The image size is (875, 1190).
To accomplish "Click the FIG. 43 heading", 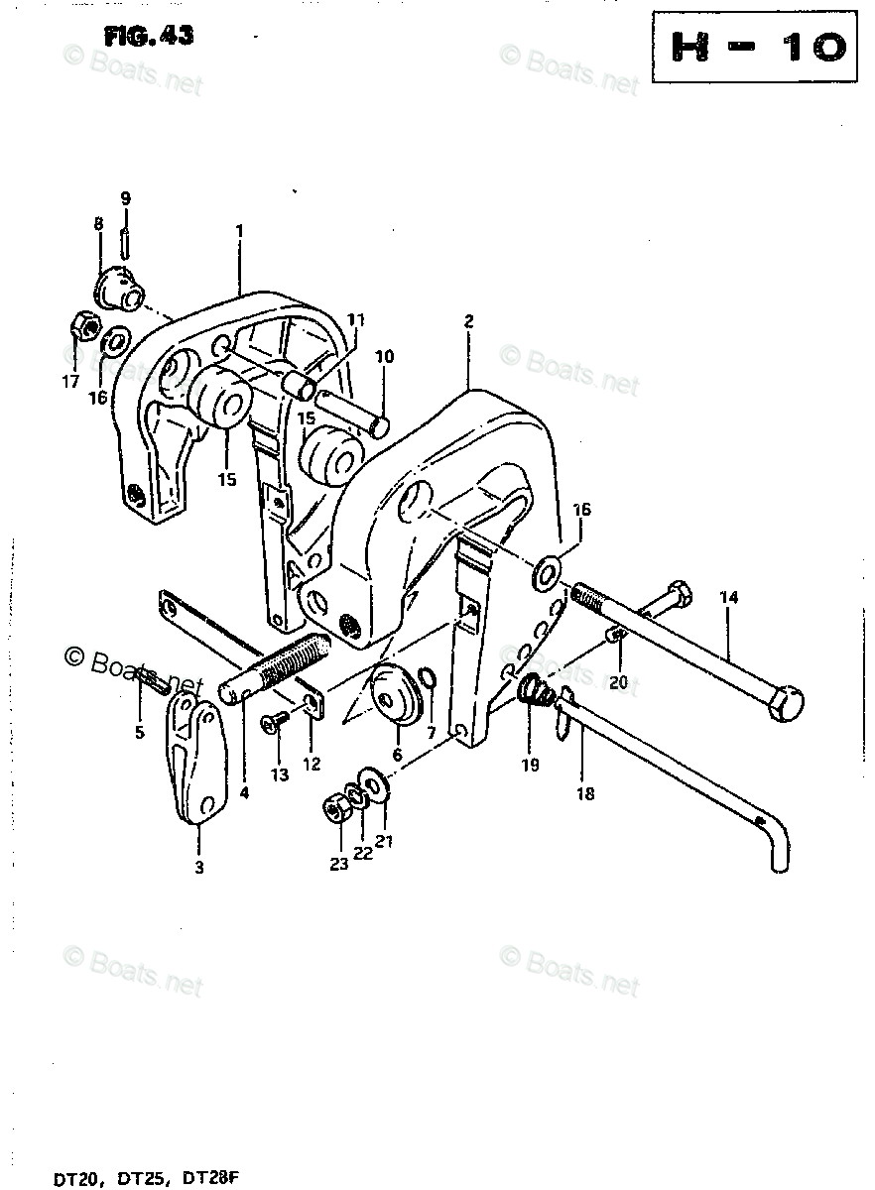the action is (x=149, y=37).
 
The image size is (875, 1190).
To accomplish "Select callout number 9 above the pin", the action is (x=125, y=198).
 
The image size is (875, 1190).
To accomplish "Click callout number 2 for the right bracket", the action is (x=468, y=321).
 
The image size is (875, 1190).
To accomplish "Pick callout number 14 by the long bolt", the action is (x=729, y=598).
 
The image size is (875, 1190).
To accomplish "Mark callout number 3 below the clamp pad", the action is (x=198, y=869).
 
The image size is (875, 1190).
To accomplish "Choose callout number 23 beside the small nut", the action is (x=339, y=865).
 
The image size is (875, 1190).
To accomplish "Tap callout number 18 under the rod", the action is (x=585, y=793).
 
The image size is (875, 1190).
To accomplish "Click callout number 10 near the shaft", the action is (x=384, y=356).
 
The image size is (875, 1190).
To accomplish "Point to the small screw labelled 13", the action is (x=273, y=727).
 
